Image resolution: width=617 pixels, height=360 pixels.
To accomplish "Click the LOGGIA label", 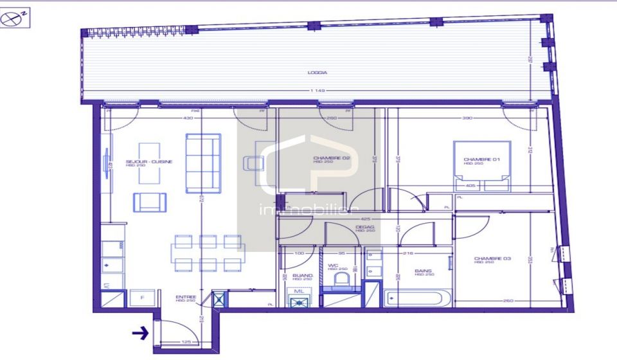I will (313, 73).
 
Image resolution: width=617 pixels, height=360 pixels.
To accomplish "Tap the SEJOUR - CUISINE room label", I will (148, 161).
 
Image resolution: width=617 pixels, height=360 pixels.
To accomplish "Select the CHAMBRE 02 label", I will (331, 158).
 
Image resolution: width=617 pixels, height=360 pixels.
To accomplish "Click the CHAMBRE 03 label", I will (492, 258).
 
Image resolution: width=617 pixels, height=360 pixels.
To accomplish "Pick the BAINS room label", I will (423, 271).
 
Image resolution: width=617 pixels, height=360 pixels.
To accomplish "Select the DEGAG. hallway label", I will (365, 227).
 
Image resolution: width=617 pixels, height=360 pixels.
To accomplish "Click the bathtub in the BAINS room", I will (418, 299).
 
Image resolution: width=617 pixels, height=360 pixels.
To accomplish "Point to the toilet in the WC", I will (343, 281).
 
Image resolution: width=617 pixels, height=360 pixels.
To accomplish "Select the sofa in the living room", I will (203, 163).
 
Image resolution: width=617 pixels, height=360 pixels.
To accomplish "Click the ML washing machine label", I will (299, 291).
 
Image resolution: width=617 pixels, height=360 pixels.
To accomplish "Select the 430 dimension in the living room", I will (188, 118).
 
